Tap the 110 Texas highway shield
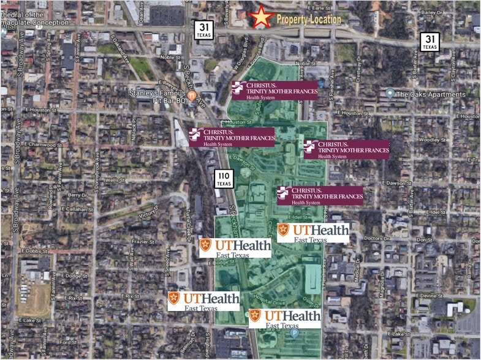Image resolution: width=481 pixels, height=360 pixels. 224,179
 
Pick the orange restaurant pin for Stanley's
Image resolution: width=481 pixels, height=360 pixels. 192,96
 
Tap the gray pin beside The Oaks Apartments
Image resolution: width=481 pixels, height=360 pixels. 390,93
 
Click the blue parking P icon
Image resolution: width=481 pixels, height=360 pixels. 294,334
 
